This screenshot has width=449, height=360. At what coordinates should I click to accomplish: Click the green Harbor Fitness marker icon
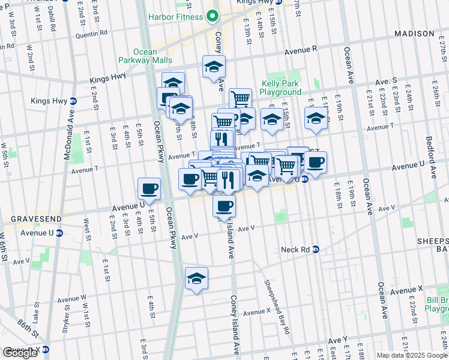tap(212, 16)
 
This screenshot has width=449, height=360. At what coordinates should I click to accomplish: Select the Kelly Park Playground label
tap(280, 88)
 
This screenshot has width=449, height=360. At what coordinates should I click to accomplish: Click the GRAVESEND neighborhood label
tap(25, 218)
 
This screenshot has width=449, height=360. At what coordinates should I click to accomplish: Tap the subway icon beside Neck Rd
tap(316, 249)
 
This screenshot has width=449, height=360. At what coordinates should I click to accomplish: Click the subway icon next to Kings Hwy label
tap(73, 101)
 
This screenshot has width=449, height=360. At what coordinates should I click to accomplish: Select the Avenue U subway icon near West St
tap(59, 233)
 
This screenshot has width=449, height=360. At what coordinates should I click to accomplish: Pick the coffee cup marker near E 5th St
tap(149, 189)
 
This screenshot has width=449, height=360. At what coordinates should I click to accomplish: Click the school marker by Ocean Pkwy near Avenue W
tap(196, 278)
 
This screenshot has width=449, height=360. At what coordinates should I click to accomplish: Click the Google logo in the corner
tap(20, 353)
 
